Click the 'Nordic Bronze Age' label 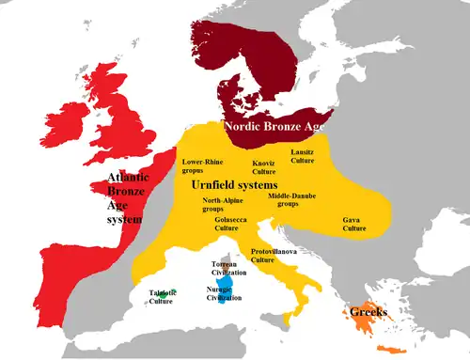[277, 124]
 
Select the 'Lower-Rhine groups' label [204, 166]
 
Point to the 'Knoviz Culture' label [263, 167]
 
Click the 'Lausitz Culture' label [328, 156]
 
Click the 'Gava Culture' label [353, 224]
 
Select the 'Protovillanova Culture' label [275, 255]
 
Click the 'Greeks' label [368, 311]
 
